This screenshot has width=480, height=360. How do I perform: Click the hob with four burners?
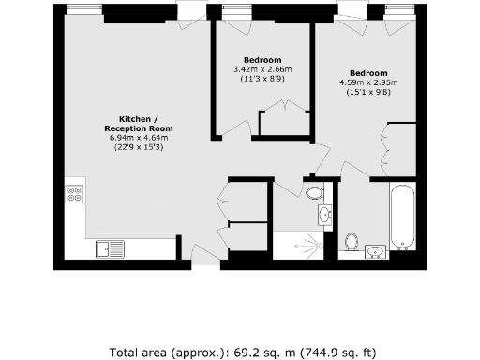[x=74, y=195]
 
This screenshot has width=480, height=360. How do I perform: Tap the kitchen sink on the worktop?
[x=109, y=248]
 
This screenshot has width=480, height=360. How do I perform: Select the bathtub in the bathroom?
[x=402, y=217]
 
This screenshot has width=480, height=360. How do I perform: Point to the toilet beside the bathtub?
[x=352, y=240]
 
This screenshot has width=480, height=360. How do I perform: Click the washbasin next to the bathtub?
[x=375, y=250]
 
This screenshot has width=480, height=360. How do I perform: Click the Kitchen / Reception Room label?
[x=141, y=124]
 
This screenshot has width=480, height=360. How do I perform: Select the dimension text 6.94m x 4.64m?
[x=141, y=139]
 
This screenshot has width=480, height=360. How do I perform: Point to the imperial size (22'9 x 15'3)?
[x=141, y=147]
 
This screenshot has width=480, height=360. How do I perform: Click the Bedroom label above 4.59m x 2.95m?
[x=367, y=73]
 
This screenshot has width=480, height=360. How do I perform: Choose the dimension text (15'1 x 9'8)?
[x=367, y=91]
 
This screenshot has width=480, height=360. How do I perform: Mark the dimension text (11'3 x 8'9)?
[x=262, y=78]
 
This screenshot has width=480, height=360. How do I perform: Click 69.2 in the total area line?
[x=223, y=353]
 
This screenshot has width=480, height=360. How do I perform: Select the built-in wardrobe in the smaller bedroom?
[x=283, y=125]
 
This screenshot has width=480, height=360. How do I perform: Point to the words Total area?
[x=141, y=353]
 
